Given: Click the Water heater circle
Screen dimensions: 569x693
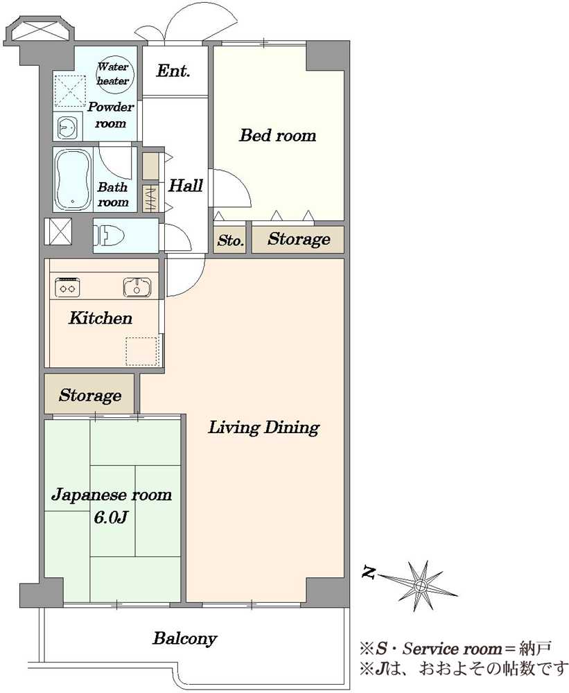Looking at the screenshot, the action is point(113,75).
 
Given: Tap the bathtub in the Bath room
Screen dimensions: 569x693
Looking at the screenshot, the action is point(73,179).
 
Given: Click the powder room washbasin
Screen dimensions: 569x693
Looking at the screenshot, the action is point(68,126).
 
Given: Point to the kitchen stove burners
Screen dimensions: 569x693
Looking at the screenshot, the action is point(67,288).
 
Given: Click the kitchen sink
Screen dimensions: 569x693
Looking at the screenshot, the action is point(137,288).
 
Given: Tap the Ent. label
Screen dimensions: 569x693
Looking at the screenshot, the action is point(173,71).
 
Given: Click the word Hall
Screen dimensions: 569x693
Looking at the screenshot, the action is point(186,185).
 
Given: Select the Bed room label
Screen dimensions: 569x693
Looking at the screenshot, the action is point(278,135).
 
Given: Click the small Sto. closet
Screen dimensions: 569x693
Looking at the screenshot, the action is point(230,240).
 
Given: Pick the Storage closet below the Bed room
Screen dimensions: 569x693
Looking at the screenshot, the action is point(298,240).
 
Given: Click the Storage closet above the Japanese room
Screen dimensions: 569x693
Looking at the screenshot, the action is point(89,394).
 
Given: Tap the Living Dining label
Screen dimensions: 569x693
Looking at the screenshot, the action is point(264,428).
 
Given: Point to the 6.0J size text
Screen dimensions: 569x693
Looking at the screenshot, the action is point(110,517).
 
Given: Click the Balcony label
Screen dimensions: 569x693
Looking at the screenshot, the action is point(185,639).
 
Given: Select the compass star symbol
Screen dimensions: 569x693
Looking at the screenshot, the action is point(419,586).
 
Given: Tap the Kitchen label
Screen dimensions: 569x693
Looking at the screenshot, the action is point(100,318).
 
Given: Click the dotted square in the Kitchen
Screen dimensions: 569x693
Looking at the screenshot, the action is point(142,352).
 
